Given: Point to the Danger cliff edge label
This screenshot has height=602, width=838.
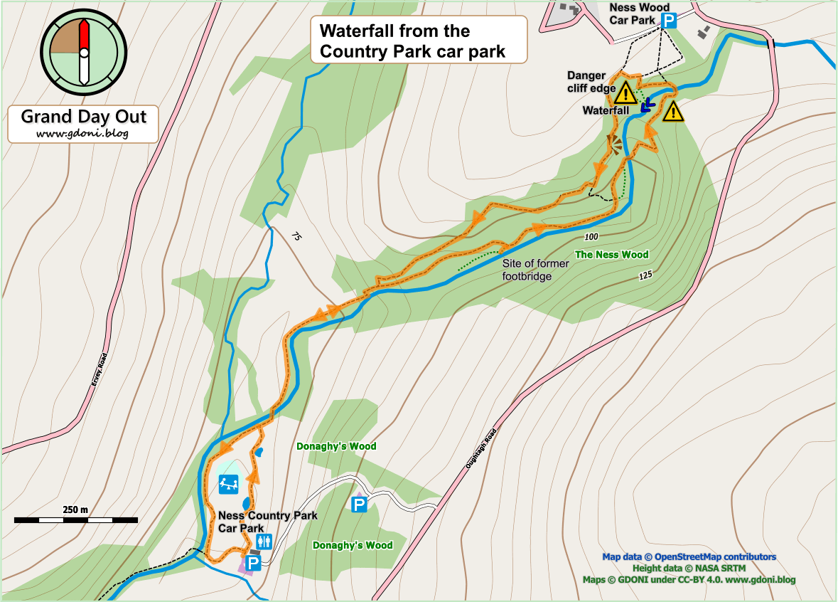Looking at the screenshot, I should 586,82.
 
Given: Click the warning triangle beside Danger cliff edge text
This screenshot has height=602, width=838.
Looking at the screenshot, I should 625,93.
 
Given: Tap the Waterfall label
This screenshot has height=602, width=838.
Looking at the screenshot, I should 606,110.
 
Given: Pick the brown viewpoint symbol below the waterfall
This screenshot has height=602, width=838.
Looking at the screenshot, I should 614,144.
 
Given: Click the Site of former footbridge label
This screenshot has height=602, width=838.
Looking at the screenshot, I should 535,270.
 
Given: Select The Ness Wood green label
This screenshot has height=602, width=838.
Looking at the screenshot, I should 611,255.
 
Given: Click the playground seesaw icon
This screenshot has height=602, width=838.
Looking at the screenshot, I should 228,485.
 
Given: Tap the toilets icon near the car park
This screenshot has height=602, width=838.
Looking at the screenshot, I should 265,542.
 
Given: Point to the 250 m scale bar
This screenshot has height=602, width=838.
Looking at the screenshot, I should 75,520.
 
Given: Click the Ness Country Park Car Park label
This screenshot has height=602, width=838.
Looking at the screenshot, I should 267,522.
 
